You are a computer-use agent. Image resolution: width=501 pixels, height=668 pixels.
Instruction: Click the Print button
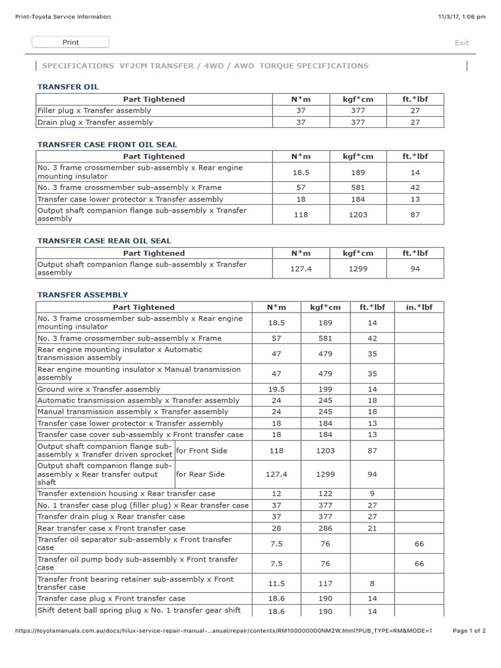(70, 42)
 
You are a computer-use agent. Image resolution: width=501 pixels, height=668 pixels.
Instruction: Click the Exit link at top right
(461, 43)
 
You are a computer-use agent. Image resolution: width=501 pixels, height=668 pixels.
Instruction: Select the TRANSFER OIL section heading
(68, 86)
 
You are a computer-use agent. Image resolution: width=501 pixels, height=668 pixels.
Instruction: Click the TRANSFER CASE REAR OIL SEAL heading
(104, 241)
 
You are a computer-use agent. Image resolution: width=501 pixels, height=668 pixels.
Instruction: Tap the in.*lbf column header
(419, 307)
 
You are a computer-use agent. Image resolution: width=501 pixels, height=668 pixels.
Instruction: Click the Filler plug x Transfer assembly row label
(94, 111)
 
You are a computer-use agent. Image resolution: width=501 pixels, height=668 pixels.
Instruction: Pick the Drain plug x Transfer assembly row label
(95, 122)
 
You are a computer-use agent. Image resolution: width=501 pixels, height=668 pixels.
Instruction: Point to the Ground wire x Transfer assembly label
(99, 389)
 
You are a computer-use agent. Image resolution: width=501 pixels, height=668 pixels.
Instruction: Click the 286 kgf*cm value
(325, 528)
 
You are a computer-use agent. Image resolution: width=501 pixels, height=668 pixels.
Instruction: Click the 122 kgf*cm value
(325, 494)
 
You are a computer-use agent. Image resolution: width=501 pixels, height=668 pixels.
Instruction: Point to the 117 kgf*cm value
(325, 583)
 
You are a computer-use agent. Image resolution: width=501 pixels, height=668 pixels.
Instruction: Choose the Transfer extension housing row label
(126, 494)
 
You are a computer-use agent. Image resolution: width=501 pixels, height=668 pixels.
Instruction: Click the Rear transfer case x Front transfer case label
(111, 528)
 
